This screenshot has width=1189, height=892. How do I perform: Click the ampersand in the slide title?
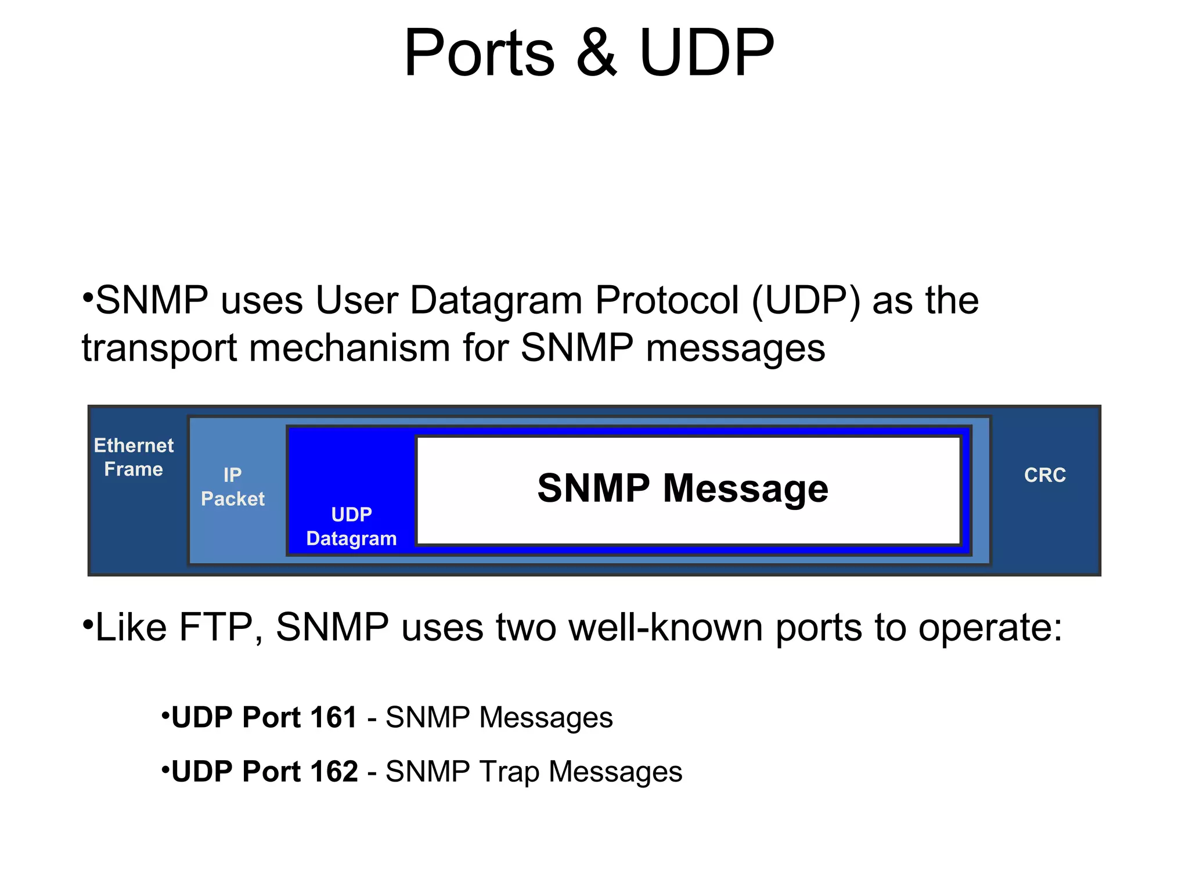click(x=596, y=53)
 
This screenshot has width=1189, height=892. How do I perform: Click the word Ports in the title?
click(x=479, y=53)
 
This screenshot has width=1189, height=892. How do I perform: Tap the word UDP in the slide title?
click(x=706, y=53)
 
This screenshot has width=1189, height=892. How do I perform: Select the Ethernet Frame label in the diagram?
click(x=134, y=457)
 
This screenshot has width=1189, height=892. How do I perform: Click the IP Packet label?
click(x=232, y=487)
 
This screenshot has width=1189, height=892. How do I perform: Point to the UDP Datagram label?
click(x=351, y=526)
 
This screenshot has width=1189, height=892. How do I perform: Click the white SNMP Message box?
click(x=688, y=489)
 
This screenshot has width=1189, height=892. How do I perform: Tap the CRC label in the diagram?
click(x=1044, y=475)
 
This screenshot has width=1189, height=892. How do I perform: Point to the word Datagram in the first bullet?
click(x=496, y=301)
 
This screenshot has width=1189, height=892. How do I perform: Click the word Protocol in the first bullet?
click(x=667, y=301)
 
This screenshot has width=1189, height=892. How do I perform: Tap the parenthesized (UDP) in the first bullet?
click(x=806, y=301)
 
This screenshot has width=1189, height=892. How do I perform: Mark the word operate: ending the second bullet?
click(x=990, y=628)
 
